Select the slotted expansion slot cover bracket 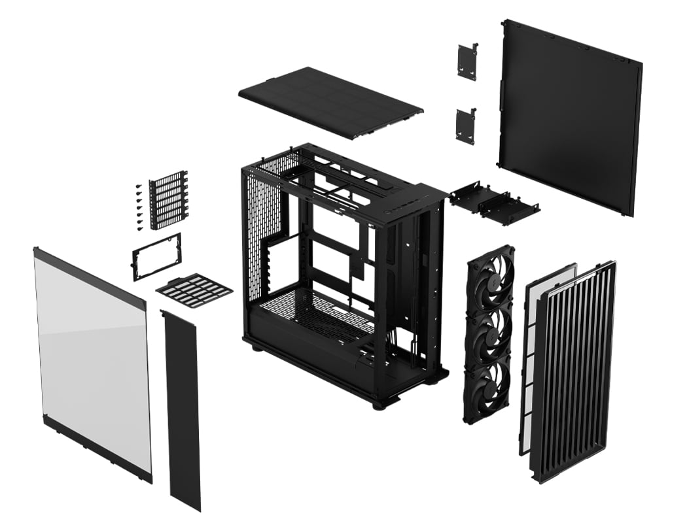(x=168, y=200)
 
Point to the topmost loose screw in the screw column (x=139, y=186)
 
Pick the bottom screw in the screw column (x=139, y=228)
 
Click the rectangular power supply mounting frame (x=157, y=256)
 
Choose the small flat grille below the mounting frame (x=194, y=290)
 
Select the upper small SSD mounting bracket (x=467, y=61)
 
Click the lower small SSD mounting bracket (x=465, y=126)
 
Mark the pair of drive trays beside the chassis (x=494, y=205)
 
